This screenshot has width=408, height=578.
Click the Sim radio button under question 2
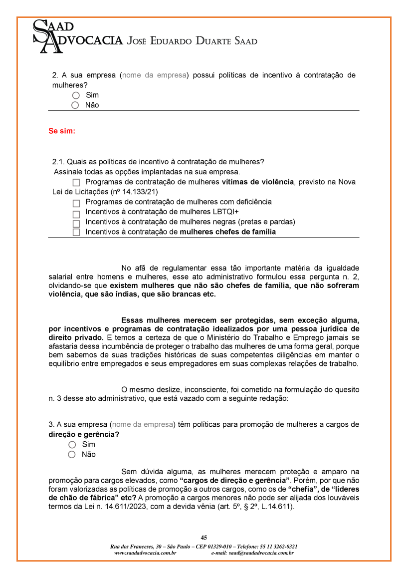76,95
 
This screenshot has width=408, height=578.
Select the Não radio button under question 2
75,105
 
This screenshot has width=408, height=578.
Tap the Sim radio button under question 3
72,445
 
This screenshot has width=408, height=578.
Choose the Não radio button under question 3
72,455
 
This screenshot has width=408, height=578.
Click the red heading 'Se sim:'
62,131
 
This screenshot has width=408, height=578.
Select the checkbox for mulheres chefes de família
76,233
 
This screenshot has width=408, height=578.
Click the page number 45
204,538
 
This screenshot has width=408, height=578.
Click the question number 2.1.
58,162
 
